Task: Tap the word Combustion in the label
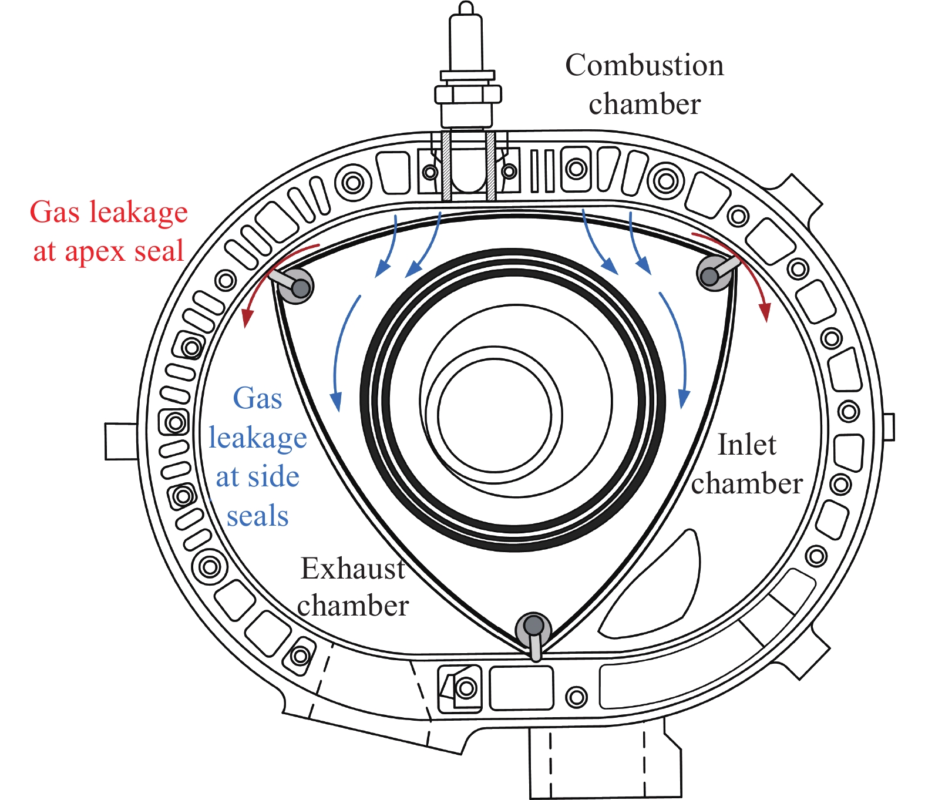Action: click(x=644, y=65)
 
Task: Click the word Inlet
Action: click(x=747, y=445)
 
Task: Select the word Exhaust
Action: click(x=352, y=568)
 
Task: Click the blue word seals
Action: click(x=257, y=516)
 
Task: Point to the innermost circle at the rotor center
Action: click(x=495, y=415)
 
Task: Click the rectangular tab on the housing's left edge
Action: click(x=121, y=441)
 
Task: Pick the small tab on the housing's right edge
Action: click(x=889, y=427)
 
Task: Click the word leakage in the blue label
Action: click(x=257, y=438)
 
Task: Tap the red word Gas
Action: click(x=55, y=212)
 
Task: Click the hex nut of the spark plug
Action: click(x=467, y=94)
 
